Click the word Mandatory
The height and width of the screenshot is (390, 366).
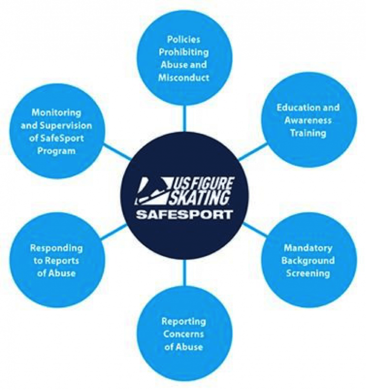(307, 248)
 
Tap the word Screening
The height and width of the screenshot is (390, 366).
(307, 273)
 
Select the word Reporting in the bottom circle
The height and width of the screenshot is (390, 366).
(183, 322)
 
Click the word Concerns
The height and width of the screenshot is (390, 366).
(183, 334)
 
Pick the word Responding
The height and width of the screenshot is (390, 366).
(56, 248)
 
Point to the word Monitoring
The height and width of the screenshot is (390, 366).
(56, 112)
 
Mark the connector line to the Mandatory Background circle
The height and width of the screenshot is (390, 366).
(254, 230)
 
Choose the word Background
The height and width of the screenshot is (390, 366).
(307, 261)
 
